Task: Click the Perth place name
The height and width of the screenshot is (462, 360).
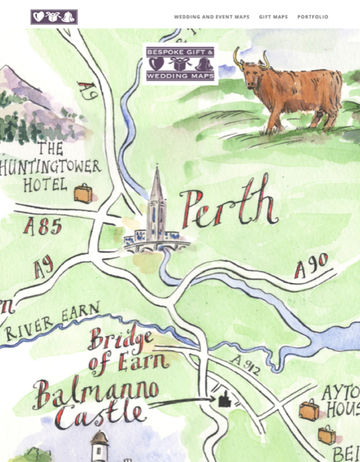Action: pos(228,209)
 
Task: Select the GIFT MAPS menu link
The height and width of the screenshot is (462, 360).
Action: pos(273,17)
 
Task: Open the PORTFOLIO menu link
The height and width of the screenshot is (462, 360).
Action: pos(313,17)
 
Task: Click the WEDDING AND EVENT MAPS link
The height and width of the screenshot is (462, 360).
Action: pos(212,17)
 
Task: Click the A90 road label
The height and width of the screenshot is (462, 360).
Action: pos(311,265)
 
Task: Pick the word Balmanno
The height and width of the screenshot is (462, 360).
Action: pos(96,392)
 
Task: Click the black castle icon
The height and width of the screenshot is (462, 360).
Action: pos(223,400)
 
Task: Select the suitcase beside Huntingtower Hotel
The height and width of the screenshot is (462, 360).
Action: pos(82,193)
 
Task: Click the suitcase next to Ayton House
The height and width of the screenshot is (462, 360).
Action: pos(309,409)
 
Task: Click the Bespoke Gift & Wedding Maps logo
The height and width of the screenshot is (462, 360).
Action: pos(180,64)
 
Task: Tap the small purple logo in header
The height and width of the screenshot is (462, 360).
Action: pos(54,17)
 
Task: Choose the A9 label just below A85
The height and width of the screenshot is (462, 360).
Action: pos(44,268)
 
